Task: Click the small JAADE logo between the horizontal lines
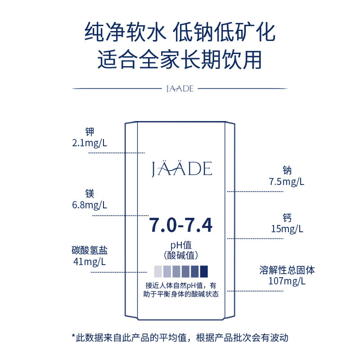180,89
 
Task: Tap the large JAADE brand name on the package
181,169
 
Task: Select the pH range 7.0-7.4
181,225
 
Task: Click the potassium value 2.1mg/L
90,144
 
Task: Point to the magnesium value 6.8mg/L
90,205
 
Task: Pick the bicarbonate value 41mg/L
90,261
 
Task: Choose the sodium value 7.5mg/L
287,182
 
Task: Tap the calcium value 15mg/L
287,229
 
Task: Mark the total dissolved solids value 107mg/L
287,282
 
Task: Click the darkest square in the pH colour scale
204,271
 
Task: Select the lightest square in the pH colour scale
158,271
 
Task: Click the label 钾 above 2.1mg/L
90,132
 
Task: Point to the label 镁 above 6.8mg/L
90,193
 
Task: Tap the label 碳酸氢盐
90,250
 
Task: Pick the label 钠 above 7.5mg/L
287,171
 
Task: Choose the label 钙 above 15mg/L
287,218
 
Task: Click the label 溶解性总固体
287,270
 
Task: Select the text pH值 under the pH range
181,245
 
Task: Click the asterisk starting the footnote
74,336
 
